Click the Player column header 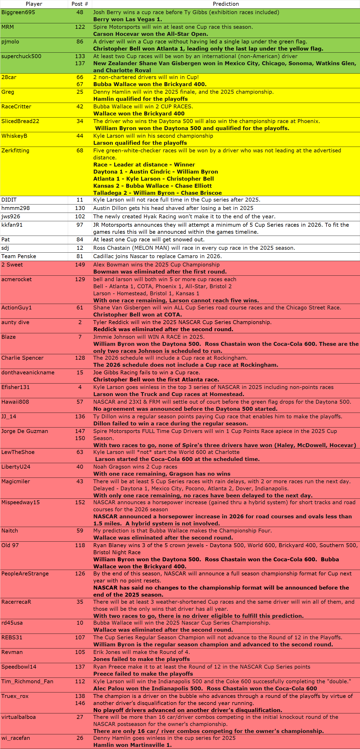tap(34, 4)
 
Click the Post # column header tap(80, 4)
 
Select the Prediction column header tap(226, 4)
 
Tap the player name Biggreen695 tap(18, 12)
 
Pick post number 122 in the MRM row tap(80, 27)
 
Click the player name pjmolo tap(10, 42)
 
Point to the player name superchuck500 tap(21, 56)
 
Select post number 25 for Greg tap(80, 92)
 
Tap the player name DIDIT tap(9, 200)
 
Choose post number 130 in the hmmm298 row tap(80, 208)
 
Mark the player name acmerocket tap(16, 279)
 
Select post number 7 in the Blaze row tap(80, 337)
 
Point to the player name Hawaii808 tap(15, 402)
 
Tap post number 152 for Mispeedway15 tap(80, 502)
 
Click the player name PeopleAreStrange tap(25, 573)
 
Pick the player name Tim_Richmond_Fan tap(27, 681)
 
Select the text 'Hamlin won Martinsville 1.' tap(132, 745)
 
